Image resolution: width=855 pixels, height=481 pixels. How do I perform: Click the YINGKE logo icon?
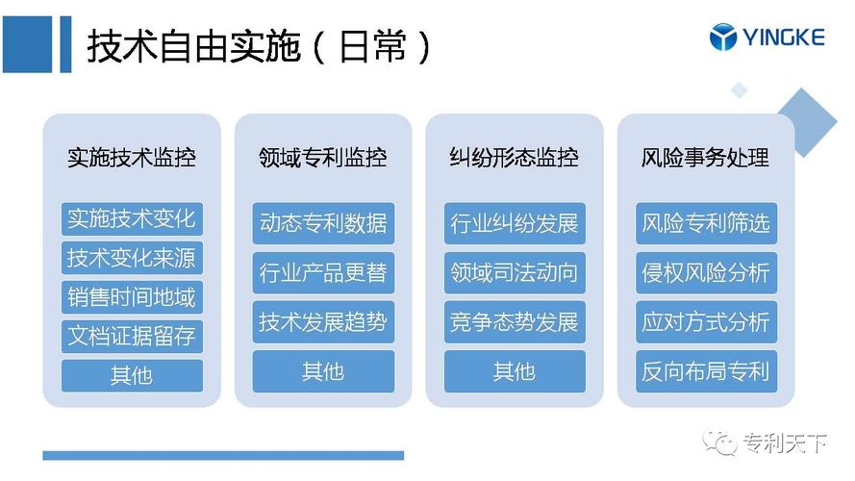[x=723, y=38]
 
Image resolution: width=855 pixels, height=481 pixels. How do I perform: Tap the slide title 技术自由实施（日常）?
[x=259, y=46]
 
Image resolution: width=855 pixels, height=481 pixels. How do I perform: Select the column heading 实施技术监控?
[x=132, y=158]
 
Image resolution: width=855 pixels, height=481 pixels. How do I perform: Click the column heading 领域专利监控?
[x=323, y=158]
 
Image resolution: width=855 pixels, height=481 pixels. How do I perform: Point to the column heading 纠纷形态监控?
[x=515, y=158]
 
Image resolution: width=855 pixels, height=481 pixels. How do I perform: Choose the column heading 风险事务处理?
[x=706, y=158]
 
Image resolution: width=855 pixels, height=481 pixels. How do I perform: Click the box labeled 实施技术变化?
[x=132, y=218]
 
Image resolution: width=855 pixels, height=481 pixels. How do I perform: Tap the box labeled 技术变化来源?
[x=132, y=258]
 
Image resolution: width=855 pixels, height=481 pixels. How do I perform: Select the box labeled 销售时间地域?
[x=132, y=297]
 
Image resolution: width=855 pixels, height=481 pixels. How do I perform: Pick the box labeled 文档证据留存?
[x=132, y=336]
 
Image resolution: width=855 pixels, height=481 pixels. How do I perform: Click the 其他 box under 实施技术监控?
[x=132, y=375]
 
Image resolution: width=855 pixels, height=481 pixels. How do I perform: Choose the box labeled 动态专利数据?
[x=323, y=223]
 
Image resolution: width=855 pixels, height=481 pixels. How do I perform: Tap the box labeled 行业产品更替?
[x=323, y=272]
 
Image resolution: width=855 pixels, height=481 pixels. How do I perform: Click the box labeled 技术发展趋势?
[x=323, y=321]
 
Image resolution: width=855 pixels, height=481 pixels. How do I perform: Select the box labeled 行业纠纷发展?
[x=515, y=223]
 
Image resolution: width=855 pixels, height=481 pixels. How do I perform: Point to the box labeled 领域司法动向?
[x=515, y=272]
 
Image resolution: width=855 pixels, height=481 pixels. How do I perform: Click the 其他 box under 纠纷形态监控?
[x=515, y=371]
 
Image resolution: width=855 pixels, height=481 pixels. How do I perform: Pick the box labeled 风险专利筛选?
[x=706, y=223]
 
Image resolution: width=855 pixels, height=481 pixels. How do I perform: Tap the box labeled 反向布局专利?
[x=706, y=371]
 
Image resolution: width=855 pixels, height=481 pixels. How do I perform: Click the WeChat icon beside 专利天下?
[x=719, y=443]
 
